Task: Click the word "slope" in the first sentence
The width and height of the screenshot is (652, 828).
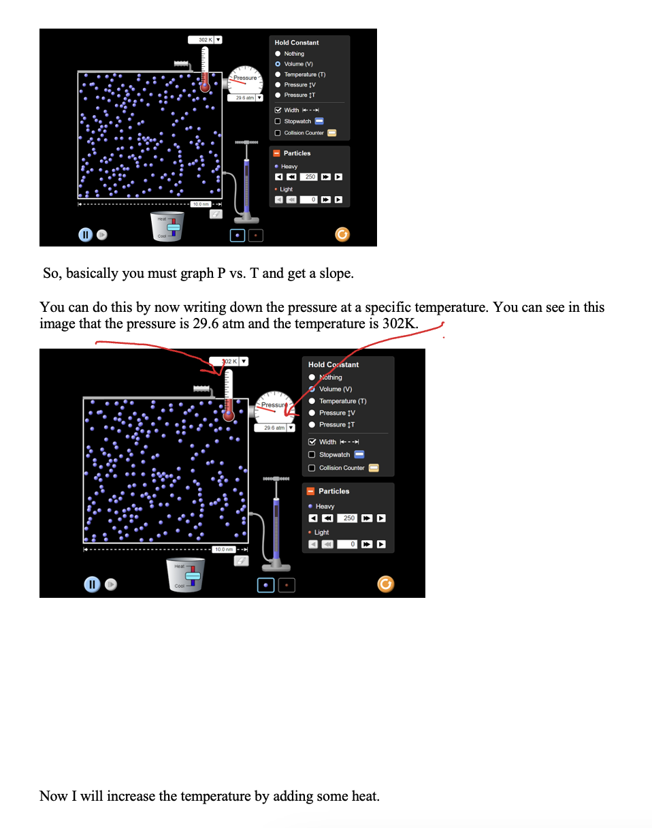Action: click(332, 274)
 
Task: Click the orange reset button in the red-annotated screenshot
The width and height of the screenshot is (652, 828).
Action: click(385, 584)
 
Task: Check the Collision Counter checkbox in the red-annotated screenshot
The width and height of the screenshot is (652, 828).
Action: click(312, 468)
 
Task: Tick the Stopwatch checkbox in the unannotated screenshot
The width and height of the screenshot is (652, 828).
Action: click(278, 121)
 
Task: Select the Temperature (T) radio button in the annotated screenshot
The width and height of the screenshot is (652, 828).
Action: click(312, 401)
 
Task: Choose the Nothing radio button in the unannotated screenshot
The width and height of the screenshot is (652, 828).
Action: click(278, 53)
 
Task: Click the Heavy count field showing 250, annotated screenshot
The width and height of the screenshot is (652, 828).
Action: click(348, 518)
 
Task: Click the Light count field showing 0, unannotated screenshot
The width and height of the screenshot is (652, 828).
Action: click(310, 200)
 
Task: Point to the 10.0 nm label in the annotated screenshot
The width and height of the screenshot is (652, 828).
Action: click(223, 550)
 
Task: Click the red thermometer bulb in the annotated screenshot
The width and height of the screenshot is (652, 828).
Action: click(228, 414)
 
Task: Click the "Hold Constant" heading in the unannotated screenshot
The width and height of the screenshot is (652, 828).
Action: click(296, 42)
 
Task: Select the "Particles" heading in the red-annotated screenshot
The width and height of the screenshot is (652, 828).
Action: click(333, 491)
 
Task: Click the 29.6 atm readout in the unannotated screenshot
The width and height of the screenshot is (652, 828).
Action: click(242, 98)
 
